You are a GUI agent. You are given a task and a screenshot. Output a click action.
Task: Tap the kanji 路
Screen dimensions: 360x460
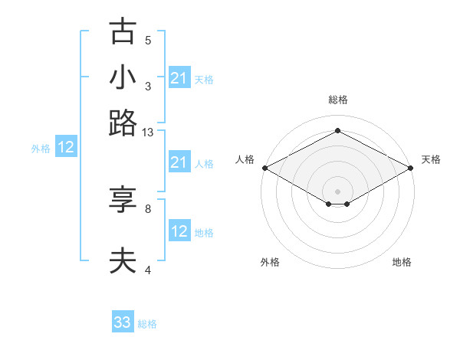click(x=123, y=123)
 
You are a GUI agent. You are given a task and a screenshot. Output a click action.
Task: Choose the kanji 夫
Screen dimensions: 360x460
click(x=123, y=261)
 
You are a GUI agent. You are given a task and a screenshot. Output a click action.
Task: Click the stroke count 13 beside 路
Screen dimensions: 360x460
click(x=148, y=133)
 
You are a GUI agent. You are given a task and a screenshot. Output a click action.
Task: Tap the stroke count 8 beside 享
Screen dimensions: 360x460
click(x=148, y=208)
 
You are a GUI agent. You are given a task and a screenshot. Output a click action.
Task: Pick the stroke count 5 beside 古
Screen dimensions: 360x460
click(x=148, y=40)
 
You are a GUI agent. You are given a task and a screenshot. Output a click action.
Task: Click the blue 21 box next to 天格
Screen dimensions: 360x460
click(x=179, y=78)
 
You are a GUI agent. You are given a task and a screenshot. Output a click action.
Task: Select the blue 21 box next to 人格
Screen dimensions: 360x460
click(x=179, y=162)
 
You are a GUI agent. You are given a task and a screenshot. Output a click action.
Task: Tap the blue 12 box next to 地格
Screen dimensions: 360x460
click(x=179, y=231)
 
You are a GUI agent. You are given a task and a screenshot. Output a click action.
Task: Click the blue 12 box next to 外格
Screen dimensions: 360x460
click(x=66, y=148)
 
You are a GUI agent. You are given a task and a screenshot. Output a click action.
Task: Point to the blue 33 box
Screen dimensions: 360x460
click(x=123, y=322)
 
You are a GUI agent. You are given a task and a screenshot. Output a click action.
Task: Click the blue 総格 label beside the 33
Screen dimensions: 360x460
click(x=147, y=324)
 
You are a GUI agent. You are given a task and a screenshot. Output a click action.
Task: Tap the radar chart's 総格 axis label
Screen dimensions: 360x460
click(x=337, y=100)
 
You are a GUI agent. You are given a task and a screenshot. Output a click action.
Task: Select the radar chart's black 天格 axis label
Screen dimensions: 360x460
click(x=431, y=159)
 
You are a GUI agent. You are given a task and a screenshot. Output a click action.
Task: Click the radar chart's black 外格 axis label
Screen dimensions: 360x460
click(x=270, y=262)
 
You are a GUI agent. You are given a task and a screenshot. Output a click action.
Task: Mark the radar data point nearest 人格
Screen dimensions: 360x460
click(x=264, y=167)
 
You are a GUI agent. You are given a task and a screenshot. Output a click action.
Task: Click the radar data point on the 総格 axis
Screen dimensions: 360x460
click(x=337, y=131)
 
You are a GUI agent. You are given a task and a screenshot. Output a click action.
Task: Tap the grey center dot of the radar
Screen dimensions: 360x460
click(x=337, y=190)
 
